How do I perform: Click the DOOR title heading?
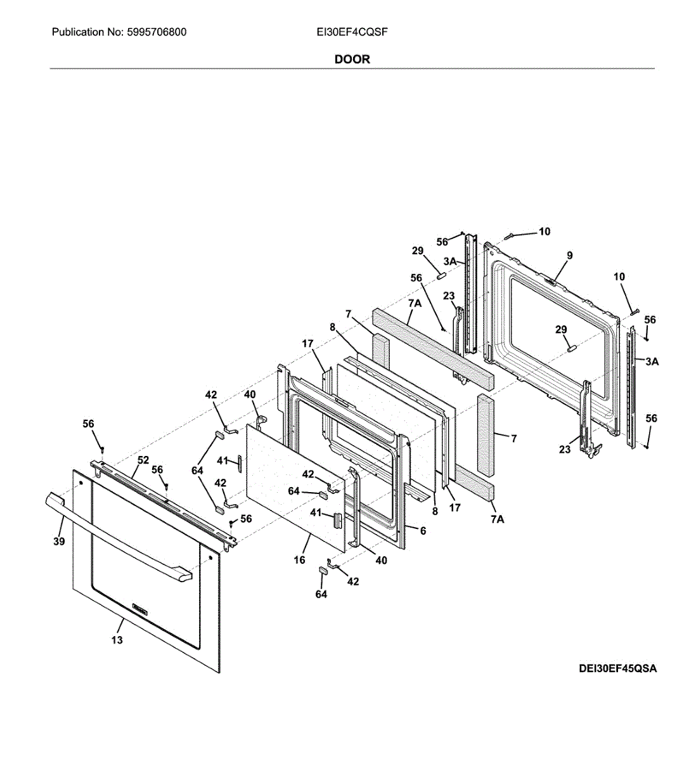click(352, 59)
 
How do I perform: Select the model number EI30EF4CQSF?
click(352, 32)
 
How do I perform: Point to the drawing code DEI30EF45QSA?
click(617, 668)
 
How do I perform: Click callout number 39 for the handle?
click(59, 541)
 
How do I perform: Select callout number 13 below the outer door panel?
click(117, 640)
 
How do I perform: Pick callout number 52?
click(143, 460)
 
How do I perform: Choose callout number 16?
click(299, 559)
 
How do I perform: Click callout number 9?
click(570, 255)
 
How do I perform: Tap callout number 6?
click(423, 530)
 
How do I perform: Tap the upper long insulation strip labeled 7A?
click(431, 342)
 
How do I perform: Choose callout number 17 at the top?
click(307, 344)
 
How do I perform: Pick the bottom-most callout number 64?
click(321, 594)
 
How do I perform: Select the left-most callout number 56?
click(88, 424)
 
